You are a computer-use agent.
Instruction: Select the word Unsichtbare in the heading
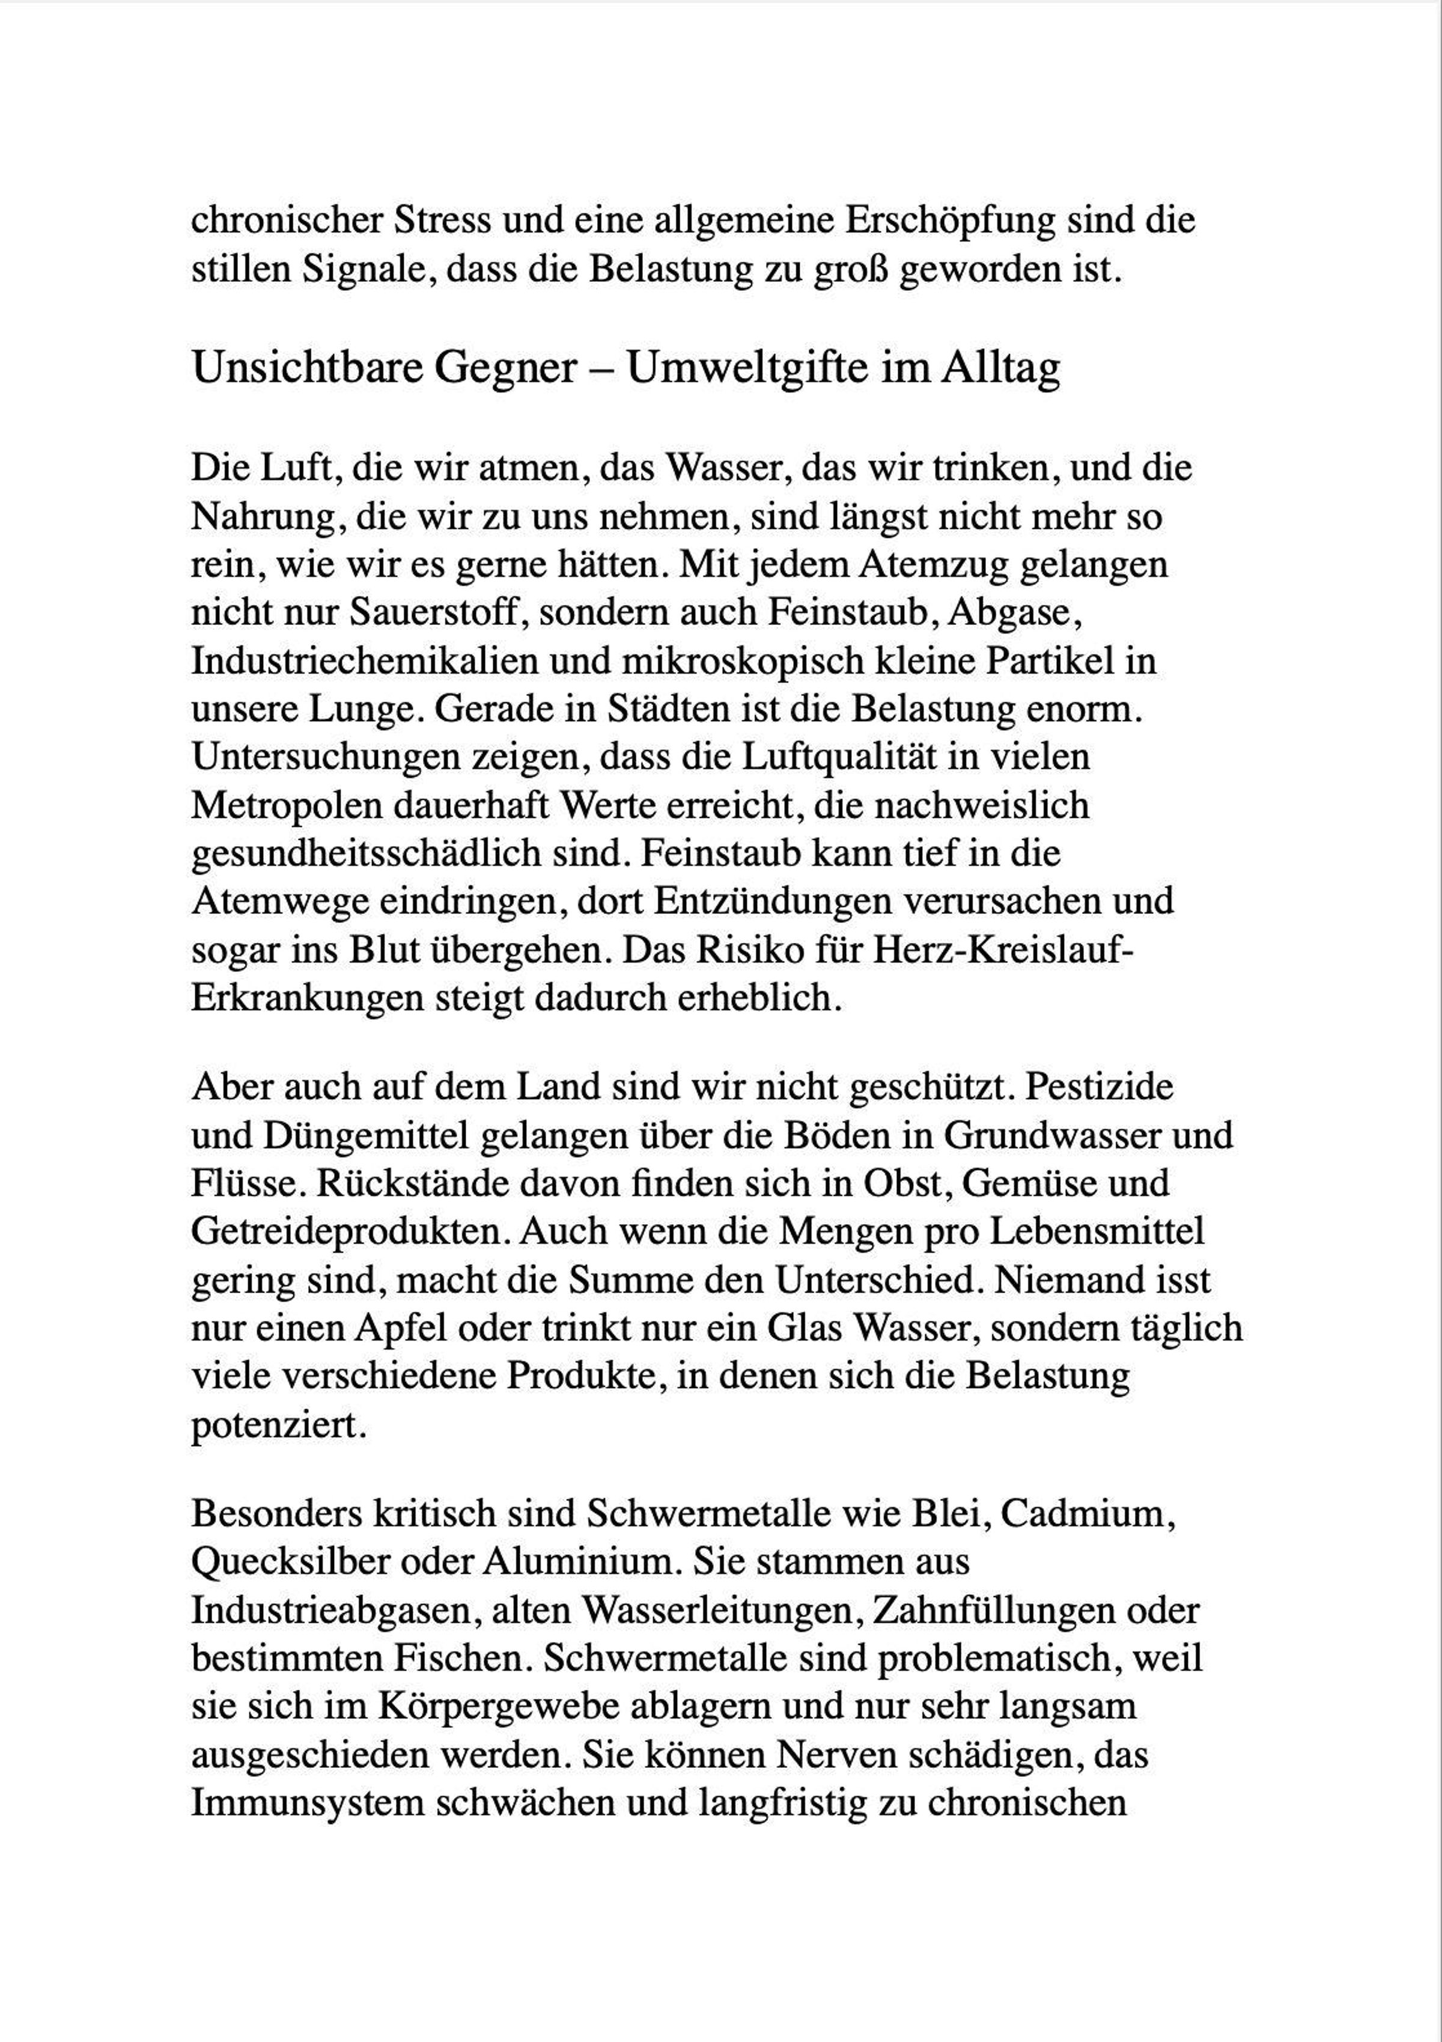[306, 367]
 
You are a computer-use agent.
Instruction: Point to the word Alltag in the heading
[1000, 367]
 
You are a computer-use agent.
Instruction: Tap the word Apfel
[404, 1328]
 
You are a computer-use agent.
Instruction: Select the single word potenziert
[278, 1425]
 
